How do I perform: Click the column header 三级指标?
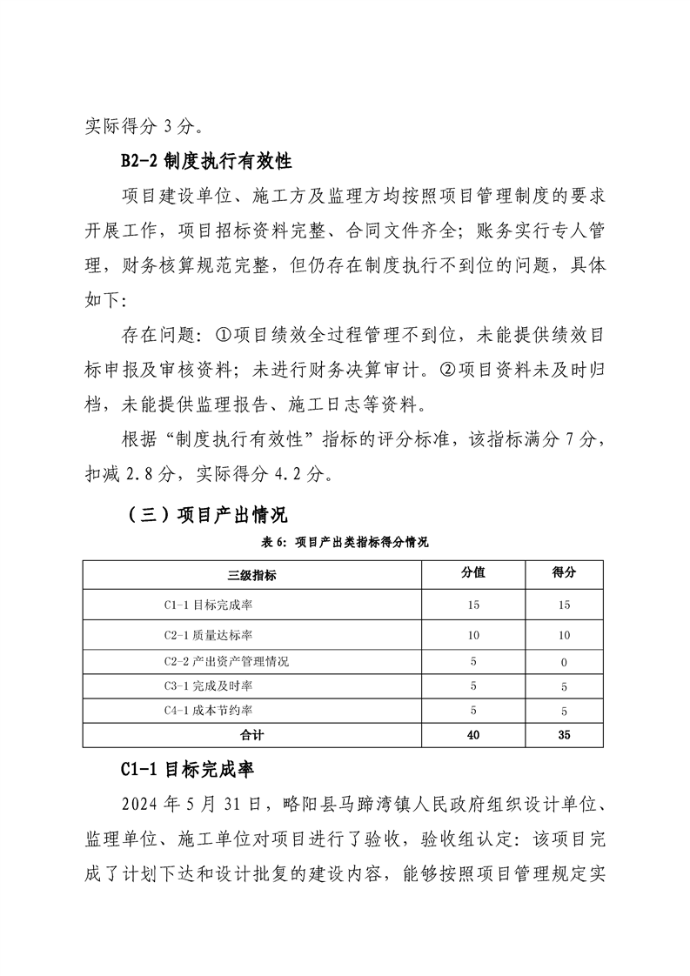point(252,574)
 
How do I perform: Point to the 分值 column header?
point(472,573)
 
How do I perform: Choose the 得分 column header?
point(565,573)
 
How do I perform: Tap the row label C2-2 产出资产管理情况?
point(226,662)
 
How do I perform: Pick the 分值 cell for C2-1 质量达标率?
point(472,635)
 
